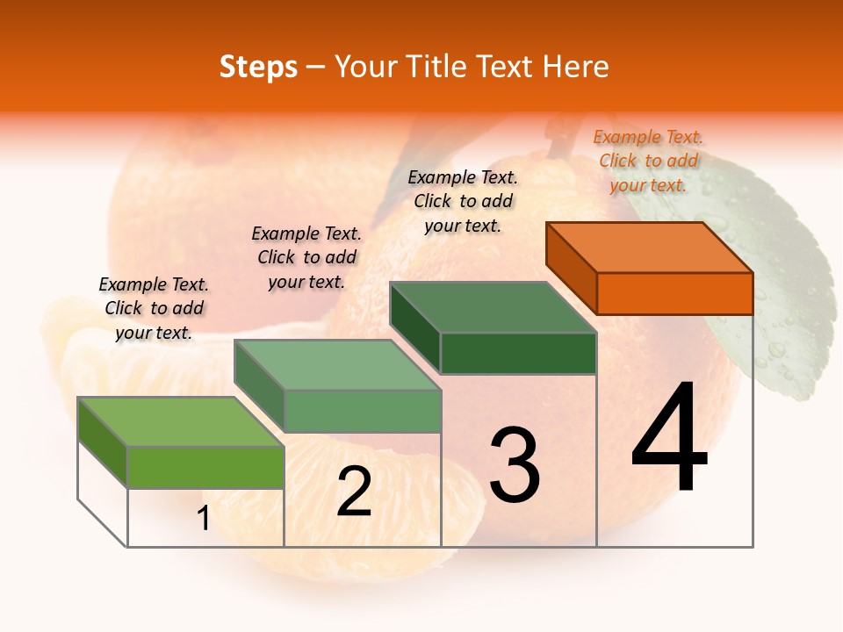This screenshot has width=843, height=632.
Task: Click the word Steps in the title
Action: [258, 68]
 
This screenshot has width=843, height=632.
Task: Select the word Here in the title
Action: [576, 68]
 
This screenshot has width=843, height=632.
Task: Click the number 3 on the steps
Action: [514, 464]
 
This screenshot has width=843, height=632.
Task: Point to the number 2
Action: [354, 492]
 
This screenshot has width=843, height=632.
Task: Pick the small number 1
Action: [203, 519]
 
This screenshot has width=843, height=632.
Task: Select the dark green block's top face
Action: [493, 307]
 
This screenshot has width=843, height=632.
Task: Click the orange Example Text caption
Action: [648, 161]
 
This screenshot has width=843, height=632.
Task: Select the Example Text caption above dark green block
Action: [463, 201]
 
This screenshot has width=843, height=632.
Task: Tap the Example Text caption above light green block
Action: [154, 308]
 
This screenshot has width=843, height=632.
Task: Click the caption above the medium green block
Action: [306, 257]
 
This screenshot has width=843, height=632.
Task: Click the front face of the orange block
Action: [674, 293]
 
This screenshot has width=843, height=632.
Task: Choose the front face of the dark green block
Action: [518, 353]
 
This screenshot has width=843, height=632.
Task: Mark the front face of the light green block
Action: [205, 467]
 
